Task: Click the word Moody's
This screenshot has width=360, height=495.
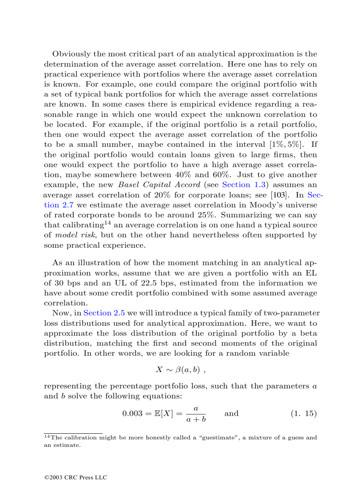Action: (273, 205)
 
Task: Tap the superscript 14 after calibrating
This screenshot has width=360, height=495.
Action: (107, 223)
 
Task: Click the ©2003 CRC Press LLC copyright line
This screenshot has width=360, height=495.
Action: (75, 477)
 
